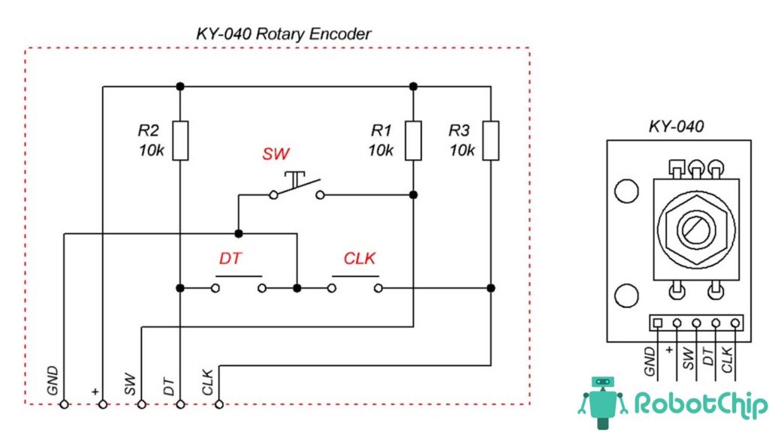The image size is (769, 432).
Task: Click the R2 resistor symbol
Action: click(x=180, y=139)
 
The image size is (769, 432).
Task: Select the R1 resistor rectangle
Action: click(x=413, y=139)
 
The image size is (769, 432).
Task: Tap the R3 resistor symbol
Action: click(x=490, y=139)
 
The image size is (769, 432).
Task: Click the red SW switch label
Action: click(x=275, y=155)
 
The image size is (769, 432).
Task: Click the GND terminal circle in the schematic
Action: click(x=65, y=404)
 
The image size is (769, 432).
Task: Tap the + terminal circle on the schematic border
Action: click(x=103, y=404)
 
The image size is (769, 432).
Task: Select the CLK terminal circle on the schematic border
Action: click(x=219, y=404)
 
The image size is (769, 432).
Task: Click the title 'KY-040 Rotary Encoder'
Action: click(x=283, y=34)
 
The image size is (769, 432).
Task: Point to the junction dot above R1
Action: click(x=413, y=86)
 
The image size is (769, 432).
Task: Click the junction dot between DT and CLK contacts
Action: click(x=297, y=287)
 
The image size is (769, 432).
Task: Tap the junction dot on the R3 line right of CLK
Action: click(x=490, y=287)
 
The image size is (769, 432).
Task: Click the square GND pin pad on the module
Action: click(x=658, y=323)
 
